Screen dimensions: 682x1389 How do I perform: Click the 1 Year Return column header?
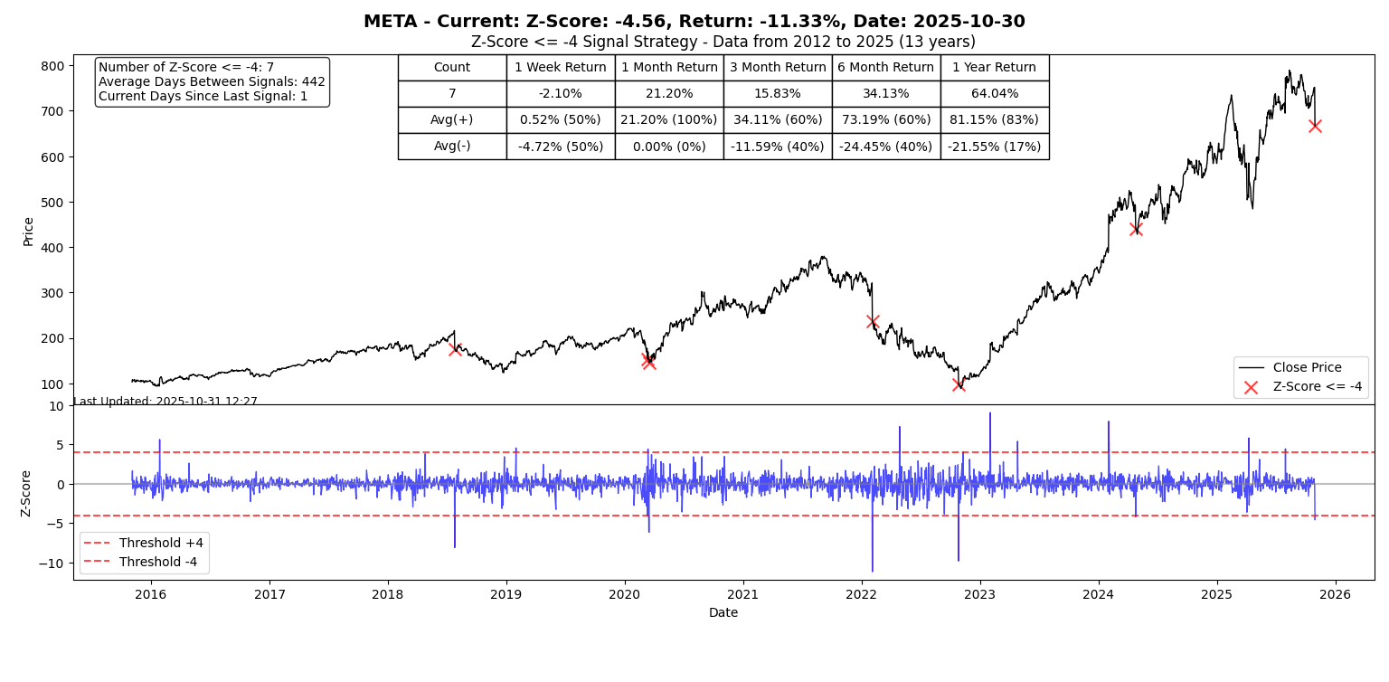pyautogui.click(x=994, y=68)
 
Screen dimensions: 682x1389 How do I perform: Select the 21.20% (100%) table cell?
pyautogui.click(x=669, y=120)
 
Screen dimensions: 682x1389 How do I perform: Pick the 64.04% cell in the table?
pyautogui.click(x=994, y=94)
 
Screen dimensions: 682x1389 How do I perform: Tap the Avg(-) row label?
pyautogui.click(x=452, y=147)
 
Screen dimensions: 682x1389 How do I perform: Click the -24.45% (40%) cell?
pyautogui.click(x=885, y=147)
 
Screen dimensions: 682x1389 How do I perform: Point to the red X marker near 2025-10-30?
pyautogui.click(x=1315, y=126)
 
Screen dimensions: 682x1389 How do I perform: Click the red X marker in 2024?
pyautogui.click(x=1136, y=229)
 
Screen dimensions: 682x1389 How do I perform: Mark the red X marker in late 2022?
pyautogui.click(x=959, y=384)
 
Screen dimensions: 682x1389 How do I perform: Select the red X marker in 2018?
pyautogui.click(x=455, y=349)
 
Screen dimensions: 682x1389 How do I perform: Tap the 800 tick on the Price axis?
pyautogui.click(x=52, y=66)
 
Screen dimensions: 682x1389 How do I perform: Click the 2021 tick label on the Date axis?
pyautogui.click(x=742, y=594)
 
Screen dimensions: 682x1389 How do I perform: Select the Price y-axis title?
pyautogui.click(x=28, y=231)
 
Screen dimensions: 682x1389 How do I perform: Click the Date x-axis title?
pyautogui.click(x=723, y=613)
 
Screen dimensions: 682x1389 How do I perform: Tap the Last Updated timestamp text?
pyautogui.click(x=165, y=402)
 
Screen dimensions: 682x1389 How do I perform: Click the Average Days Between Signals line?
pyautogui.click(x=212, y=82)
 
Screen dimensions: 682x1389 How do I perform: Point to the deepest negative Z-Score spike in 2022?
pyautogui.click(x=872, y=569)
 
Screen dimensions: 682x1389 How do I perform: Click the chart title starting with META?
pyautogui.click(x=694, y=22)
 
